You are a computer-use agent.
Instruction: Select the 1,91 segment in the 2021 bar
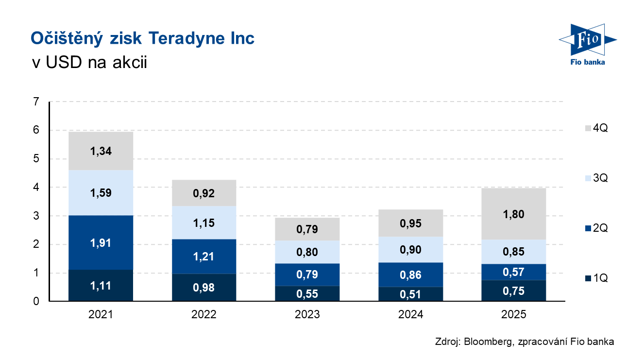(101, 242)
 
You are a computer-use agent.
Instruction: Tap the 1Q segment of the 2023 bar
(307, 293)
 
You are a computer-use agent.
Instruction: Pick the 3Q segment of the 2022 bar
(204, 223)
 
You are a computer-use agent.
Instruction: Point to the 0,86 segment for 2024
(410, 275)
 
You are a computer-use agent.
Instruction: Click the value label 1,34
(101, 151)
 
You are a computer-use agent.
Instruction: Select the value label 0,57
(514, 272)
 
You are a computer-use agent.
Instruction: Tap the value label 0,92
(204, 193)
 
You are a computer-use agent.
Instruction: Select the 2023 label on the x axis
(307, 315)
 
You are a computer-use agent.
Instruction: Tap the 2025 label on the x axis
(514, 315)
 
